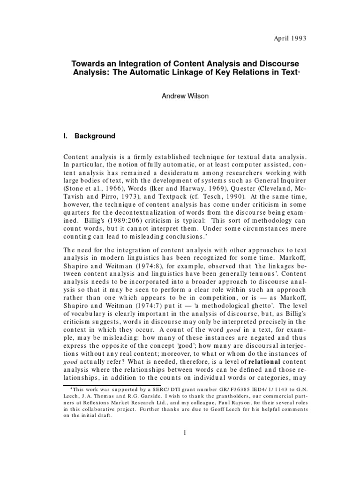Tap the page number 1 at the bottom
(x=186, y=432)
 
